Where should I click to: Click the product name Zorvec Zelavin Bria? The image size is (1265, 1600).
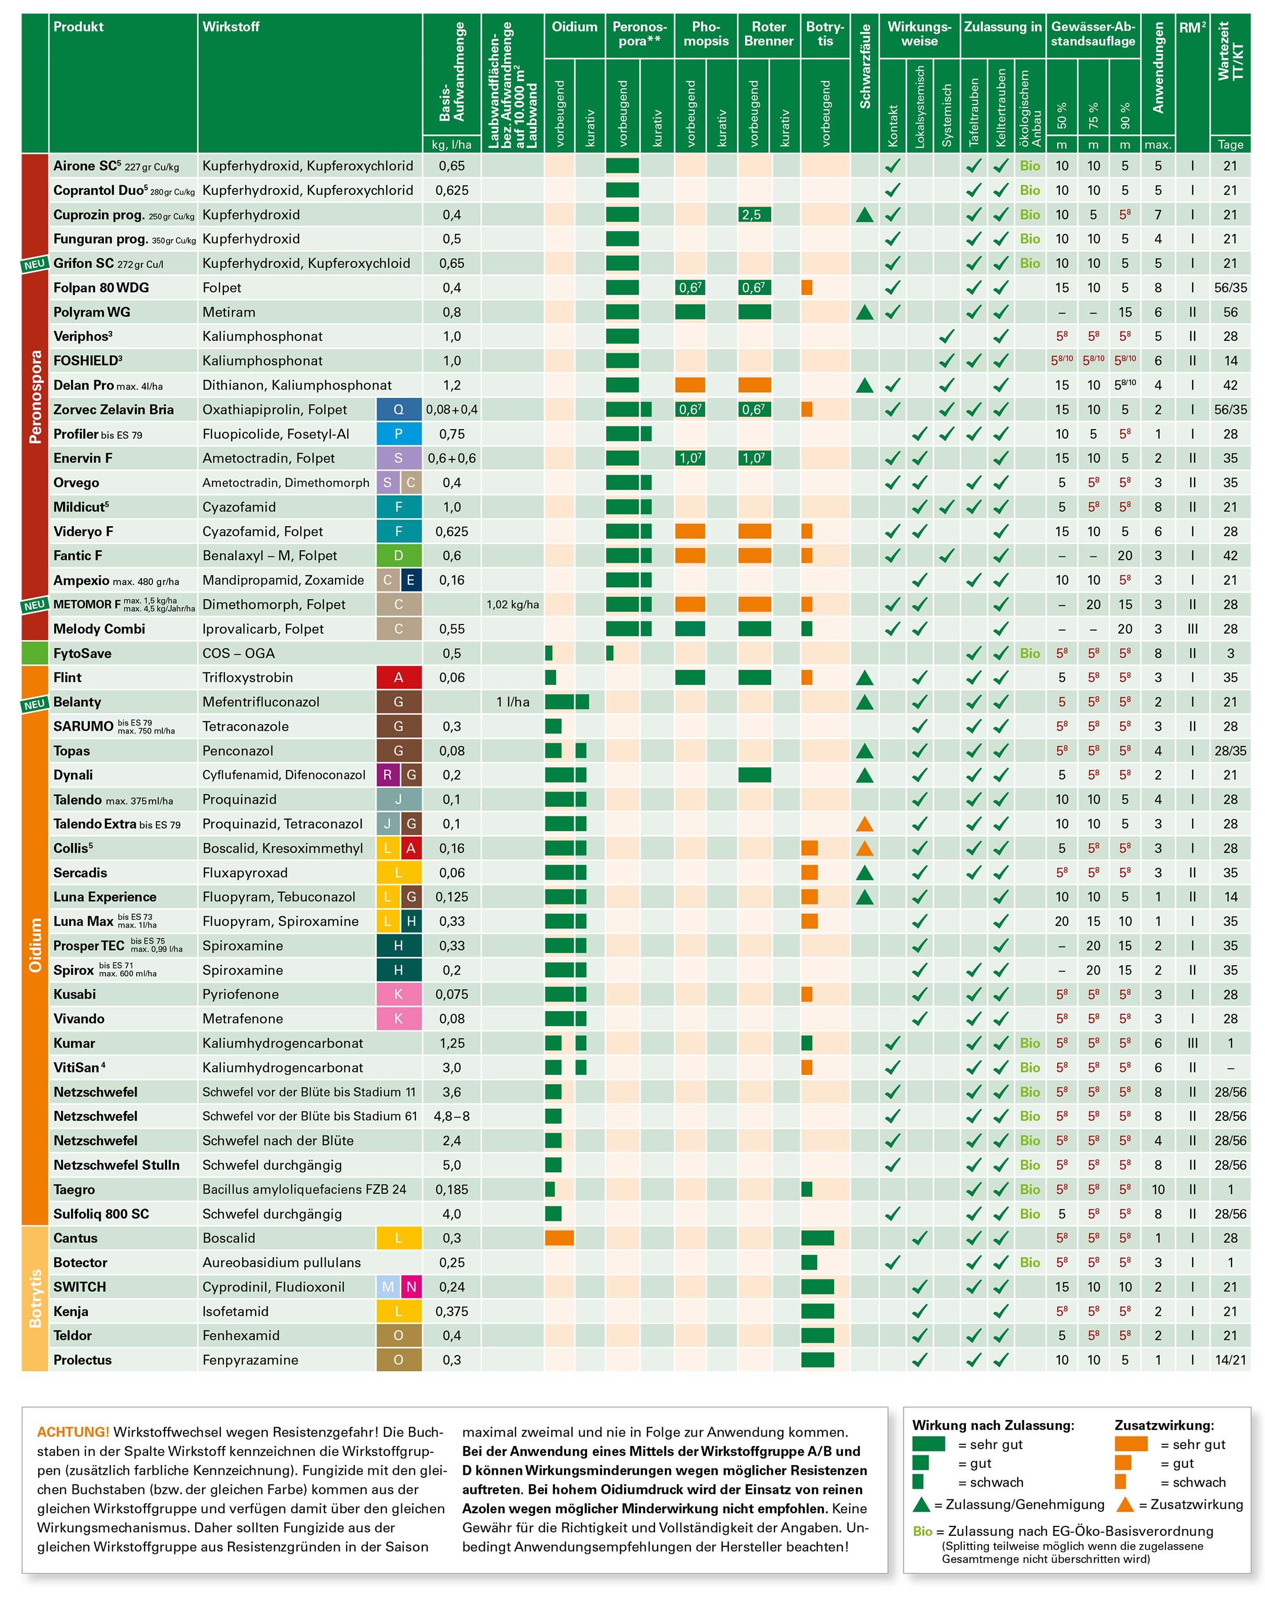coord(113,410)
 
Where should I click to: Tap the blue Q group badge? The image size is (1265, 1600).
coord(399,410)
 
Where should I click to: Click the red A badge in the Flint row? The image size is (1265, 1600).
coord(399,678)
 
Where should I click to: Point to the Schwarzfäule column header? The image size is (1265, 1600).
coord(864,67)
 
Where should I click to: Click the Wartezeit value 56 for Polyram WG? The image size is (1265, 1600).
coord(1230,312)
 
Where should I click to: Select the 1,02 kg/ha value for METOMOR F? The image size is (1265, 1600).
coord(512,605)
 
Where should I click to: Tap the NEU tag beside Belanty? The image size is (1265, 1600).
coord(34,704)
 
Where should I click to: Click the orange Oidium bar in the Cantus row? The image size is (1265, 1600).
coord(559,1238)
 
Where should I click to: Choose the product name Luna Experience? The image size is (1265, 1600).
coord(104,897)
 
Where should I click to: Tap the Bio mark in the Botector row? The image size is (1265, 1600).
coord(1030,1262)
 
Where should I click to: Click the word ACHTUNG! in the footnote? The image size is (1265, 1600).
coord(73,1432)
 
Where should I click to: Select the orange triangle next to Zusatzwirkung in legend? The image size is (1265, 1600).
coord(1125,1504)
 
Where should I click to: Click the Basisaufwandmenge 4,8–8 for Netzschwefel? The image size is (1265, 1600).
coord(451,1116)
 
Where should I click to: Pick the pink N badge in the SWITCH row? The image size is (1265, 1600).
coord(411,1287)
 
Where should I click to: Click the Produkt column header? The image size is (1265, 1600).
coord(78,27)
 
